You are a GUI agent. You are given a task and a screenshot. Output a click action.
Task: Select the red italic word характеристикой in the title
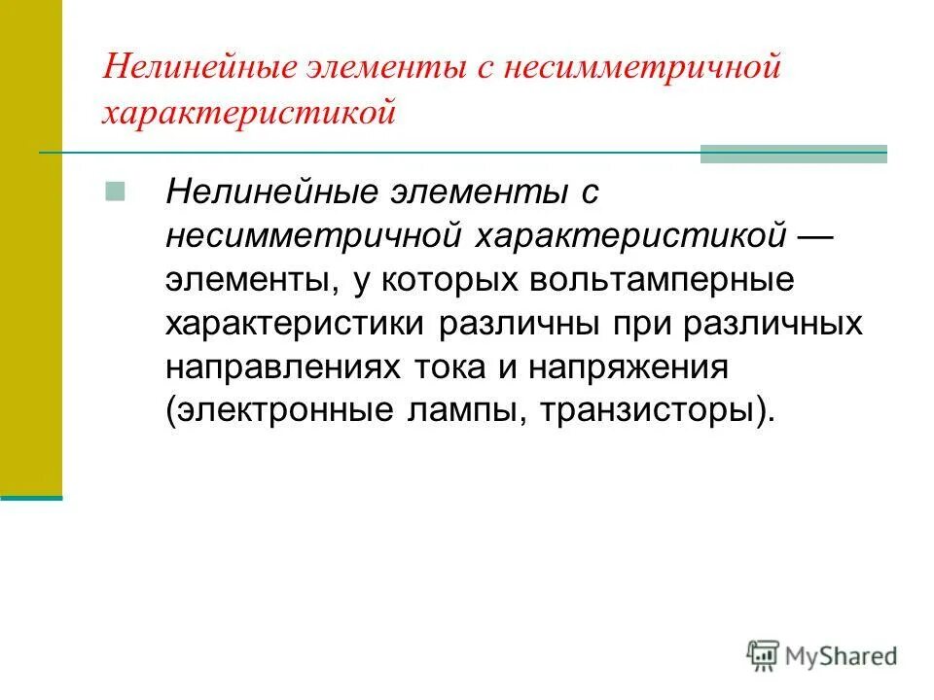tap(250, 113)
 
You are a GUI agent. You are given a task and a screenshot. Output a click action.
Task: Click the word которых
tap(447, 280)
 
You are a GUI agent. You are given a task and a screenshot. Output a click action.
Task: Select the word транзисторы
tap(654, 410)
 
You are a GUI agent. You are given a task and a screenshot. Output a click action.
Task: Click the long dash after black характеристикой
tap(823, 236)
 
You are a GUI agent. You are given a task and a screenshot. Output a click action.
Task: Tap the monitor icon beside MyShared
tap(763, 654)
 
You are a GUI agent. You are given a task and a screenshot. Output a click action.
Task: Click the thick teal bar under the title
tap(794, 153)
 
